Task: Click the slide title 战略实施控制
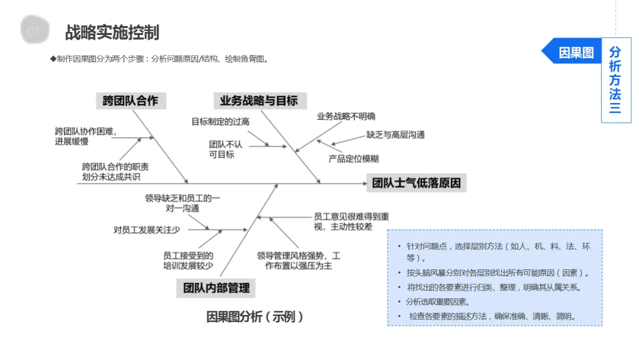click(112, 32)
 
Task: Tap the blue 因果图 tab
click(575, 53)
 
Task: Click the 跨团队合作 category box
click(131, 101)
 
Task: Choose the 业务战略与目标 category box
click(259, 101)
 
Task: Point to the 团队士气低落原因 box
click(417, 182)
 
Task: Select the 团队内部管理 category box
click(216, 288)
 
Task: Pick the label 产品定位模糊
click(353, 159)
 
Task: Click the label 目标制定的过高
click(220, 122)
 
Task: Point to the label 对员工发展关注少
click(147, 229)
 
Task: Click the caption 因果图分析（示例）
click(255, 317)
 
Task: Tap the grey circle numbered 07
click(33, 31)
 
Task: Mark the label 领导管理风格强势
click(298, 261)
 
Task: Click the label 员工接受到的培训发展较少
click(188, 261)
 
